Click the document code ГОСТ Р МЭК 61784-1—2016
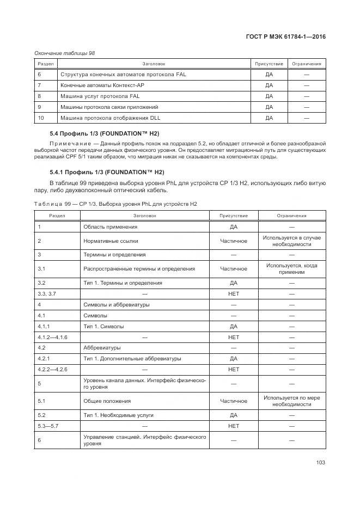(x=285, y=37)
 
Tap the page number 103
(x=320, y=462)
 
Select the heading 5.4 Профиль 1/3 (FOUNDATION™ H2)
(x=104, y=133)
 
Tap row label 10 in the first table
(x=40, y=118)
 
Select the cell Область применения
(x=110, y=226)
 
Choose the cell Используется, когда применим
(x=292, y=269)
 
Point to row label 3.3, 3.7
(x=45, y=294)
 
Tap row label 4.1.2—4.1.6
(x=52, y=338)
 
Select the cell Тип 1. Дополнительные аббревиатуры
(x=132, y=359)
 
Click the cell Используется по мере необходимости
(x=292, y=401)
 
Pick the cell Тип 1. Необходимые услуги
(x=118, y=415)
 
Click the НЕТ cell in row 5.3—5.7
(x=234, y=426)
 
